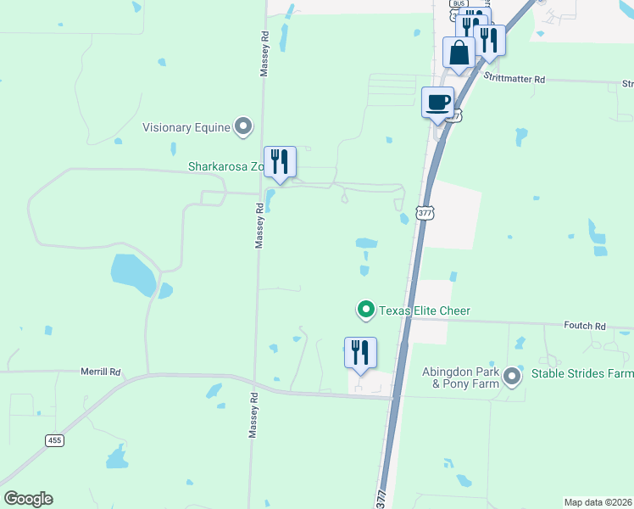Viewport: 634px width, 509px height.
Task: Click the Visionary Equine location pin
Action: pos(243,127)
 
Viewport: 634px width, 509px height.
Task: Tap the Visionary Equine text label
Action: pos(186,127)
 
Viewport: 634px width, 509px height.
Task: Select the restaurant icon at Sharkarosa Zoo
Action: pos(280,161)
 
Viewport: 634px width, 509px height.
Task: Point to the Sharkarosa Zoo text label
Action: pos(225,167)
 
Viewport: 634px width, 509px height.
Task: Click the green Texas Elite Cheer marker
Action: pos(366,310)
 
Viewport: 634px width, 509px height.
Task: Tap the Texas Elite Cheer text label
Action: pos(424,310)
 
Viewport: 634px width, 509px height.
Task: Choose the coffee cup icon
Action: pos(437,103)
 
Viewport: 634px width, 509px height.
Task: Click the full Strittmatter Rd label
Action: pos(514,78)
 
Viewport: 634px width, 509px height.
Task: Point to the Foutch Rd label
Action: pos(585,325)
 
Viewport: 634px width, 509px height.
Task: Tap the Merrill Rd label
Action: pos(102,372)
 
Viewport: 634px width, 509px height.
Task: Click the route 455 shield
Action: pos(53,440)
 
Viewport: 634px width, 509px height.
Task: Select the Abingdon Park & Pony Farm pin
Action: pos(512,375)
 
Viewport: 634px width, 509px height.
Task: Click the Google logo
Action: pos(28,499)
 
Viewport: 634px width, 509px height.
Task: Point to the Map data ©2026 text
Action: pos(598,502)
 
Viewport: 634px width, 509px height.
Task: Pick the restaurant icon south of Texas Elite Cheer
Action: pos(360,352)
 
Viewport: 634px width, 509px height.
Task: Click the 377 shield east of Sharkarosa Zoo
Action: pos(425,213)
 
